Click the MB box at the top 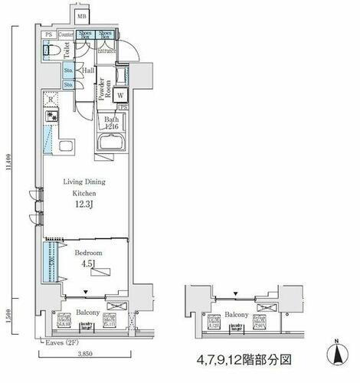82,15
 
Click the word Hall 88,70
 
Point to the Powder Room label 101,90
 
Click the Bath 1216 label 113,123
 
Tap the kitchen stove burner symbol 51,117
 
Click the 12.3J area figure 85,206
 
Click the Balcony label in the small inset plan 236,314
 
